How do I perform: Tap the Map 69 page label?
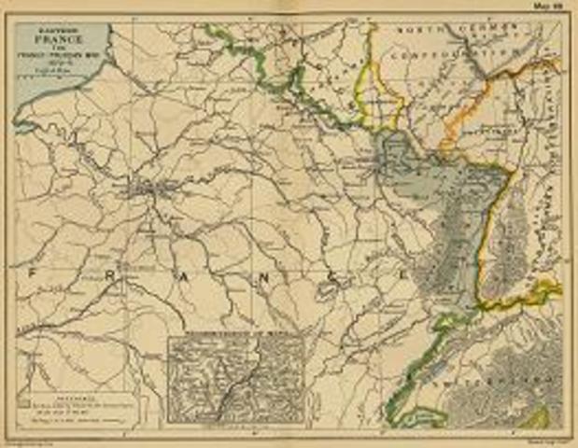coord(546,6)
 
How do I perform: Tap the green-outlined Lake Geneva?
coord(425,414)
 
